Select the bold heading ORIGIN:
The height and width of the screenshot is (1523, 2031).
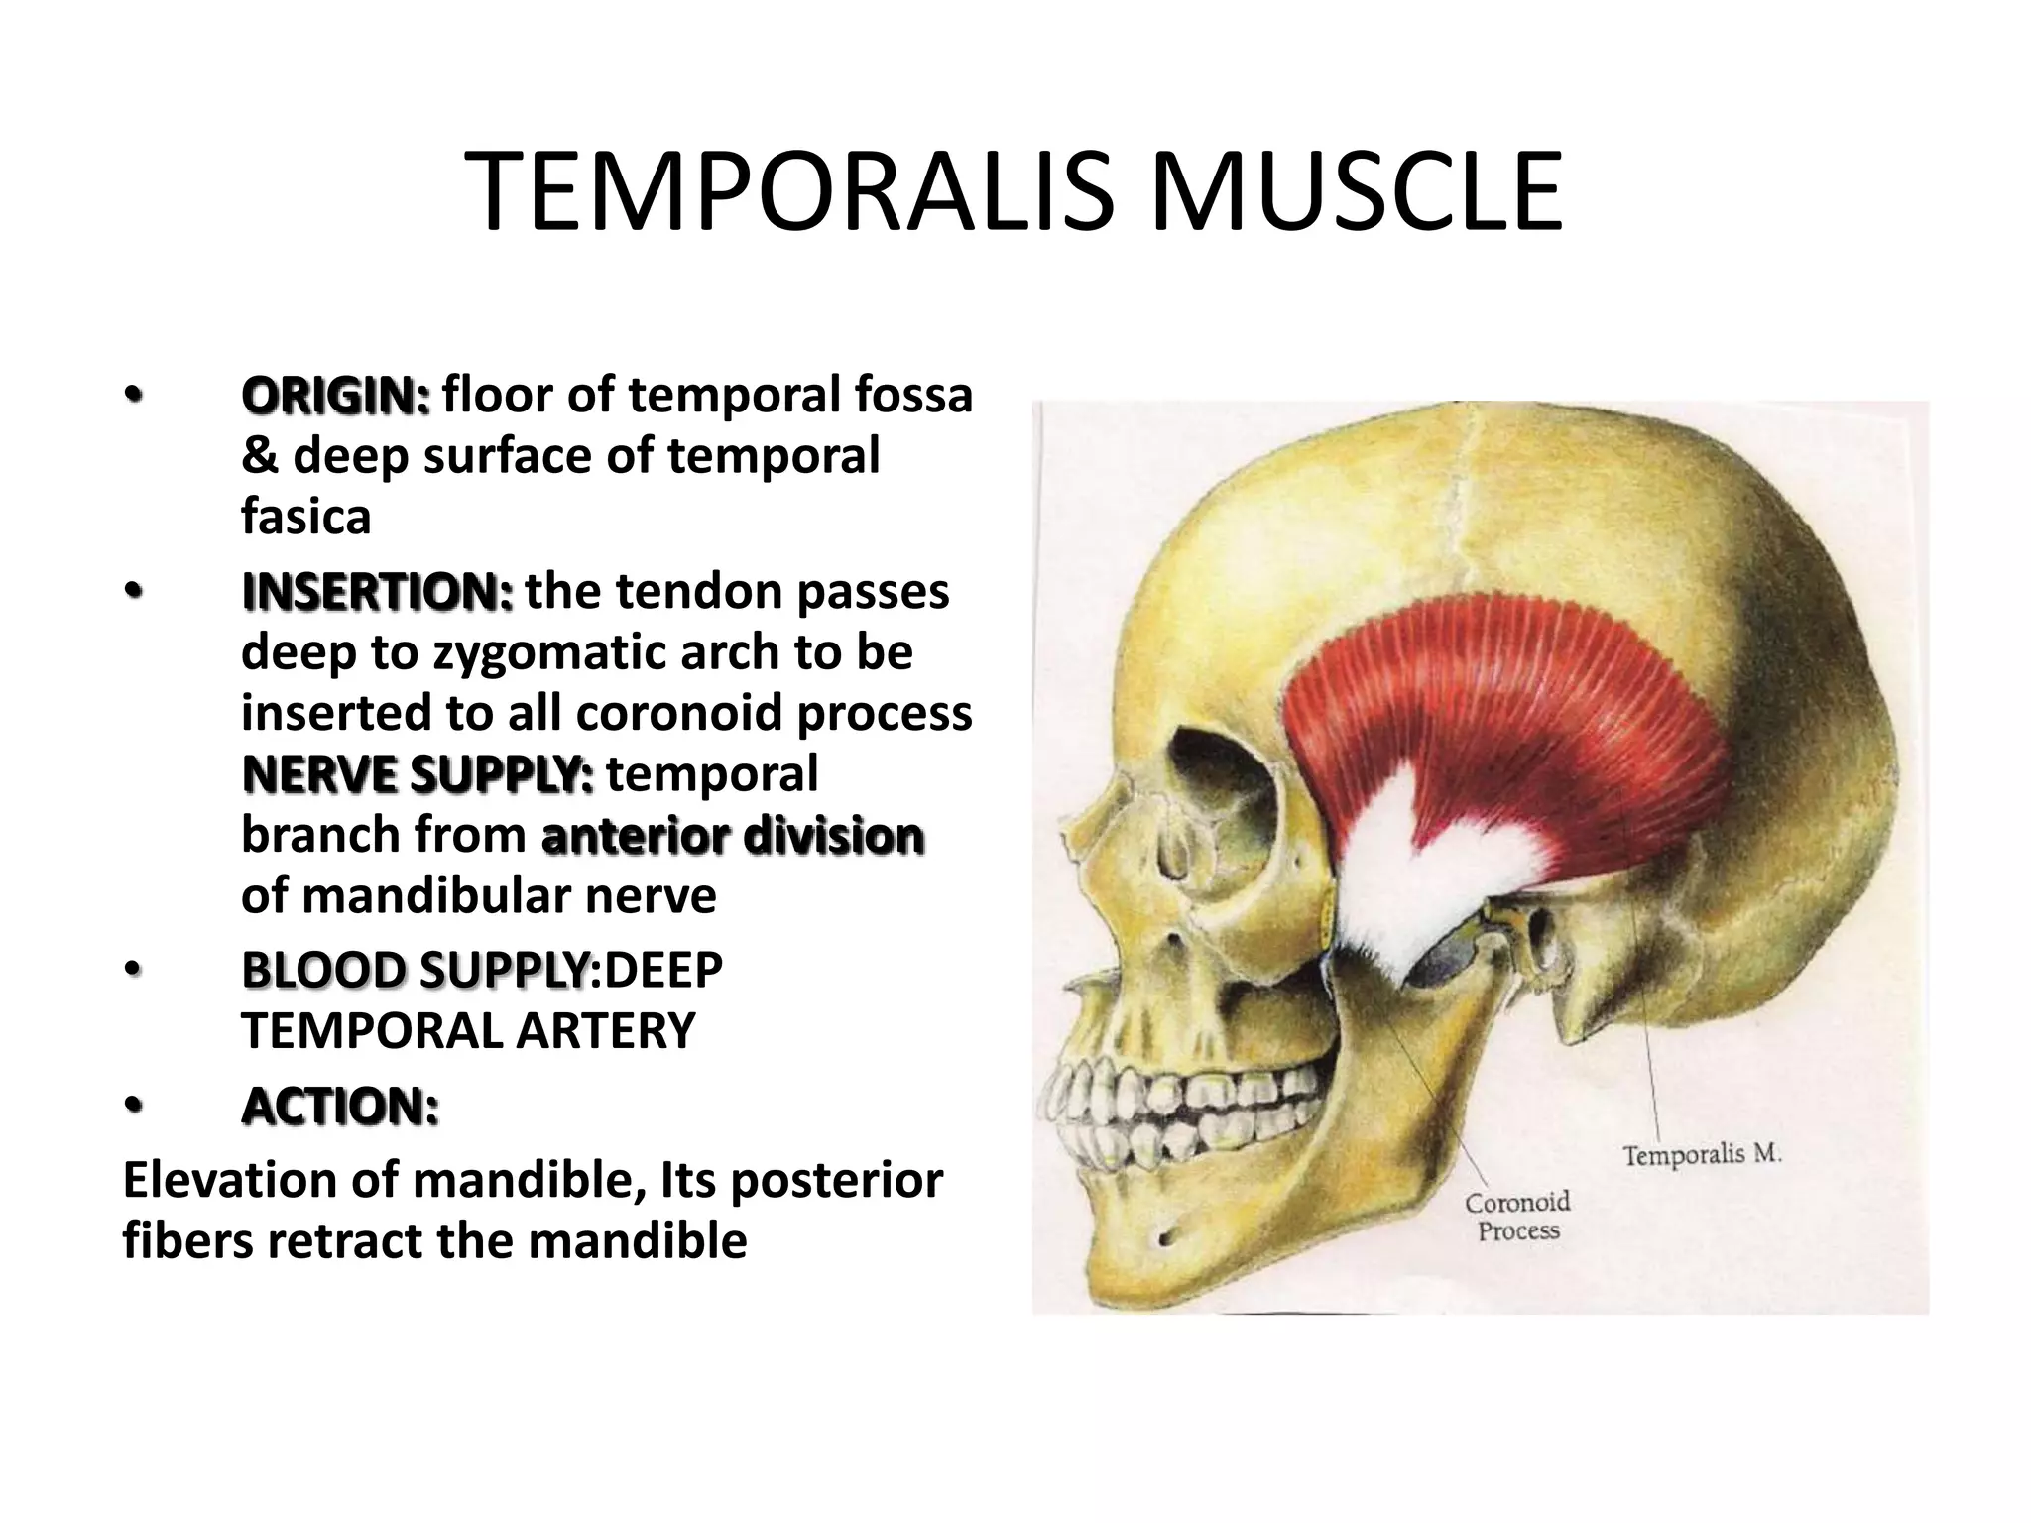(335, 396)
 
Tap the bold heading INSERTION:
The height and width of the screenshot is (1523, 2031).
(377, 593)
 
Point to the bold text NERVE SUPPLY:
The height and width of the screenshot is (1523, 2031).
(418, 774)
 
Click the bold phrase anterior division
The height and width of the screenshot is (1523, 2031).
(733, 836)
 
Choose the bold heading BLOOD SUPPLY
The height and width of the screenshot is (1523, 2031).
(415, 971)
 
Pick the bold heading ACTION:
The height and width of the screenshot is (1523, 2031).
(339, 1107)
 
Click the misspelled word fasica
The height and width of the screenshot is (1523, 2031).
(305, 517)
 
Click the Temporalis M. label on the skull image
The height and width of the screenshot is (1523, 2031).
(1702, 1155)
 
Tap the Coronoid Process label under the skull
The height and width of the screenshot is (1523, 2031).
(1517, 1217)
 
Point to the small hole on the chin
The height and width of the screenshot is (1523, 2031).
(1164, 1237)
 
